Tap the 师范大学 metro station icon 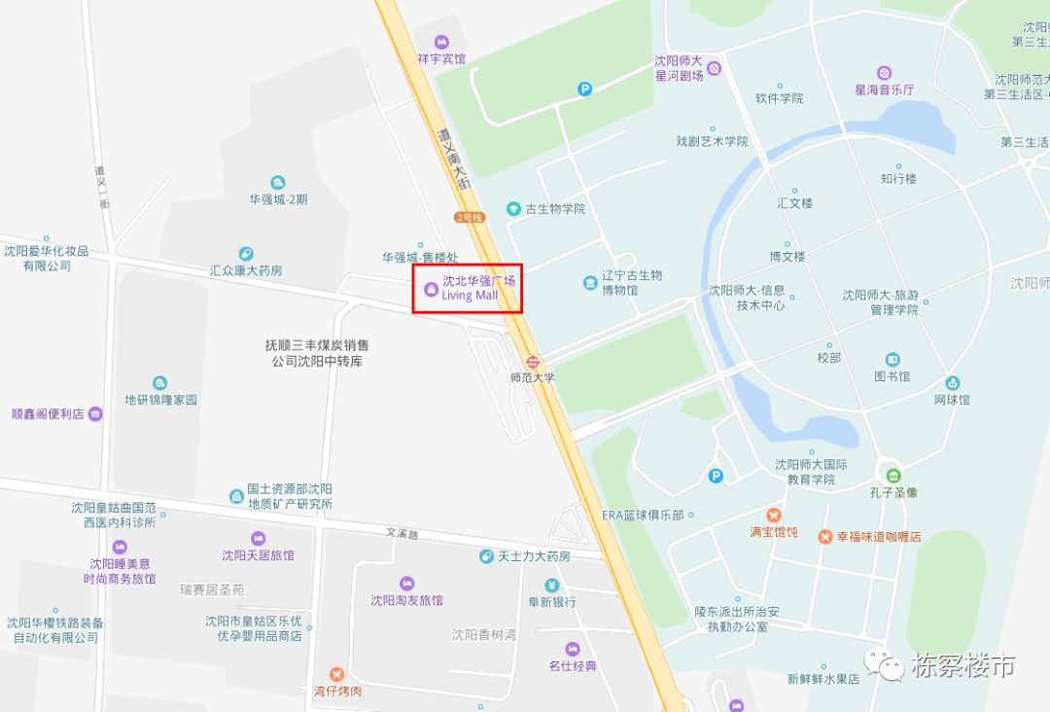tap(532, 360)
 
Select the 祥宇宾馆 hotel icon tap(441, 41)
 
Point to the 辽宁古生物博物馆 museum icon tap(590, 283)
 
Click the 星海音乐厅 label tap(884, 89)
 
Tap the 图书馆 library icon tap(892, 360)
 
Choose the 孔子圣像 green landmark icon tap(884, 474)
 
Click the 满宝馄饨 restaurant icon tap(774, 515)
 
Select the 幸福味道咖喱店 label tap(877, 536)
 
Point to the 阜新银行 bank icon tap(552, 585)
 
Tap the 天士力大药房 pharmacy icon tap(486, 556)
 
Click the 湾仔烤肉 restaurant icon tap(336, 674)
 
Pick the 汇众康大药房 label tap(246, 270)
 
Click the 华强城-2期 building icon tap(278, 183)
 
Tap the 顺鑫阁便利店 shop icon tap(95, 413)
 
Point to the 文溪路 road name tap(402, 533)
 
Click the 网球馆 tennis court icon tap(952, 382)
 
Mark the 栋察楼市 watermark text tap(962, 666)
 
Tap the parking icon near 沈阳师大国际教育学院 tap(716, 476)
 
